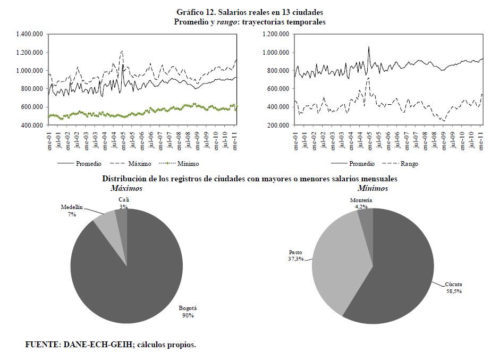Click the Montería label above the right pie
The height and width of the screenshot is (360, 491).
361,200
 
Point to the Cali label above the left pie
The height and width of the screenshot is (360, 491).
124,199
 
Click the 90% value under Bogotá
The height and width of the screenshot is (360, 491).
188,315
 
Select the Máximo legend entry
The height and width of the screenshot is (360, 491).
139,163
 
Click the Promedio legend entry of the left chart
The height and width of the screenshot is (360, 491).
89,163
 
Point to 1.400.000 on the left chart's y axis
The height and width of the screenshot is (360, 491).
30,34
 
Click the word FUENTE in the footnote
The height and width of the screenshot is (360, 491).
42,345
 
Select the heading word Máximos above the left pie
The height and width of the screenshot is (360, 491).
126,188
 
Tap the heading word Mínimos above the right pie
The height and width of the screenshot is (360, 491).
373,188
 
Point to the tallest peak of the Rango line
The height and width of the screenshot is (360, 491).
368,78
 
